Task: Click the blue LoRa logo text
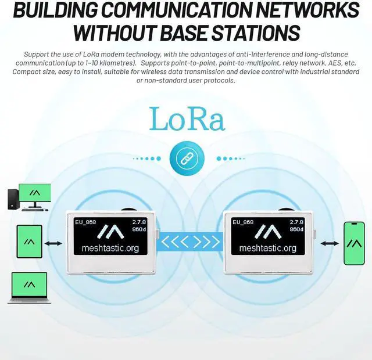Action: [187, 118]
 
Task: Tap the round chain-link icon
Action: [185, 158]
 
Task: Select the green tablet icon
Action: [28, 243]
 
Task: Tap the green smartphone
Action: [353, 243]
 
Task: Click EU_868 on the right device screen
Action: [243, 222]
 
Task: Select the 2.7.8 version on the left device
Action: [139, 222]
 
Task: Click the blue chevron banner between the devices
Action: [190, 241]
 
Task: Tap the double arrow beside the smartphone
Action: [330, 243]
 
